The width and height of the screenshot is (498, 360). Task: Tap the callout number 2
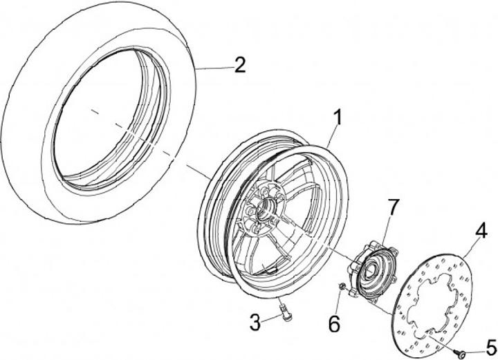[239, 66]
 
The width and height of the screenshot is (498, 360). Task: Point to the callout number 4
[481, 229]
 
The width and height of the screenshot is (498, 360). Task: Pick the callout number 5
[490, 344]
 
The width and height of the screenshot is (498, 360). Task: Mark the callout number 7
[392, 206]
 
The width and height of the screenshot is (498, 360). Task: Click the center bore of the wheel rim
[265, 207]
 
